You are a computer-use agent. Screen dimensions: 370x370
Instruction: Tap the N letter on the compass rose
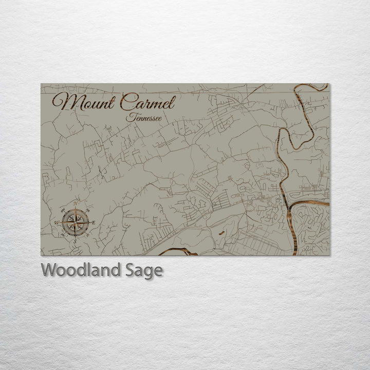coord(76,203)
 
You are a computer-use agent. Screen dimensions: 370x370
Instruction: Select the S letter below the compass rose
coord(75,241)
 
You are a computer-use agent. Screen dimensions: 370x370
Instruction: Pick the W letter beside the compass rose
coord(56,222)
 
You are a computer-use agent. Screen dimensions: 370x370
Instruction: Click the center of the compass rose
coord(76,222)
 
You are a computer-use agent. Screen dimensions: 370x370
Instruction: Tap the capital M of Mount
coord(64,103)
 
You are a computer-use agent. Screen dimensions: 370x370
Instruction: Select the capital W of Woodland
coord(49,270)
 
